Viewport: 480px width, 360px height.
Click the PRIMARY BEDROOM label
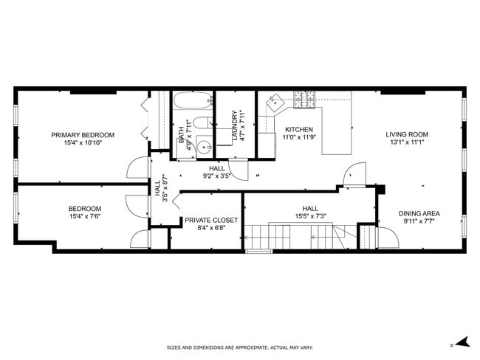pyautogui.click(x=83, y=134)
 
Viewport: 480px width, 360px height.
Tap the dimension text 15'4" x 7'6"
pyautogui.click(x=85, y=217)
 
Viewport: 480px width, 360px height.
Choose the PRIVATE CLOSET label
pyautogui.click(x=211, y=220)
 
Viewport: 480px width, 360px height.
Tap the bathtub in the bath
pyautogui.click(x=193, y=101)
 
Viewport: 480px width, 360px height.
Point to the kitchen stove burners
pyautogui.click(x=304, y=99)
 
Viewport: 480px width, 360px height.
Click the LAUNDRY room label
pyautogui.click(x=236, y=126)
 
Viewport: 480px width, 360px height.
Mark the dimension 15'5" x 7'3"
pyautogui.click(x=310, y=216)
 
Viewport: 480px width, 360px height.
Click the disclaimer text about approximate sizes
pyautogui.click(x=239, y=346)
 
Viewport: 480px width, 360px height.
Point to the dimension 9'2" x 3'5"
pyautogui.click(x=217, y=176)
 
